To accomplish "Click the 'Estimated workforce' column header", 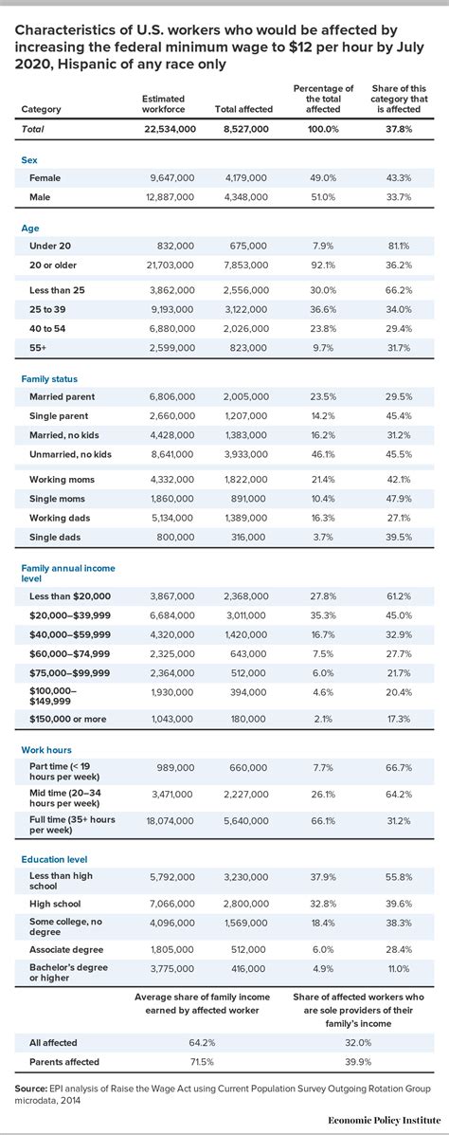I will (x=163, y=104).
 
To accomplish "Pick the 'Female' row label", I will (x=45, y=177).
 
